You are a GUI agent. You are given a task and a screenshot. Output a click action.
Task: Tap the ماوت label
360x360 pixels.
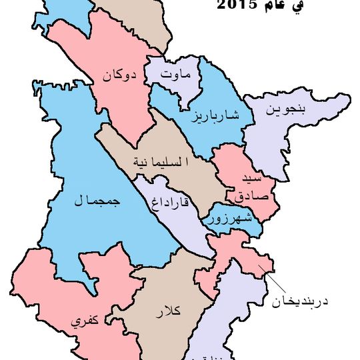[176, 75]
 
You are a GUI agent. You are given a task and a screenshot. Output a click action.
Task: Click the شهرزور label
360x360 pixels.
[229, 218]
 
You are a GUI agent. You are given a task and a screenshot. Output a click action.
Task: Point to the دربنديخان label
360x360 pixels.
[301, 301]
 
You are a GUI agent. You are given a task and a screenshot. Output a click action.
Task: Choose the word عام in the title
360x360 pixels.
[273, 5]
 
